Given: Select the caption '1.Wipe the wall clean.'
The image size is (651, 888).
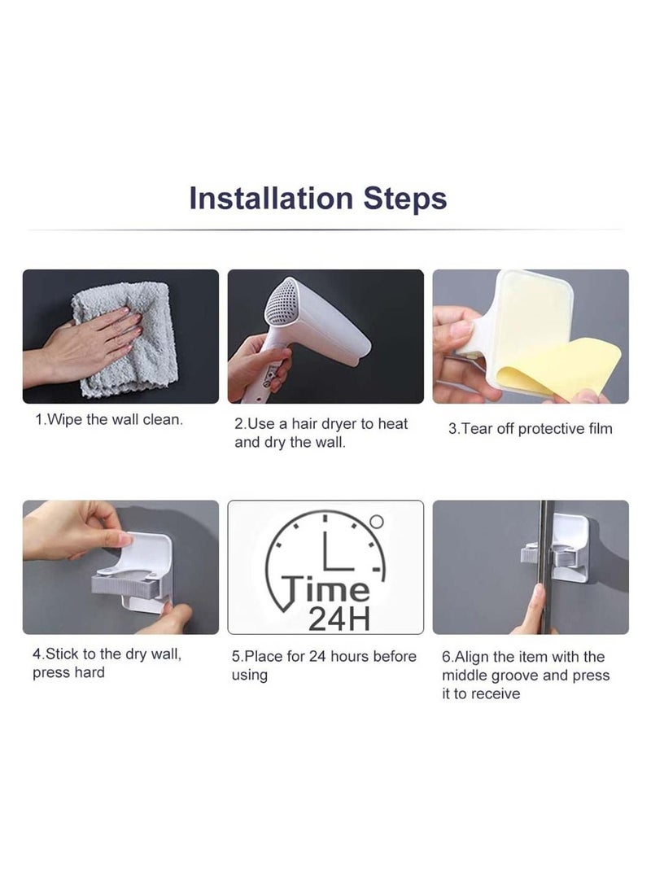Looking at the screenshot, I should (x=108, y=420).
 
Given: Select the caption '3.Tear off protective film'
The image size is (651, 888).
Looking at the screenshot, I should (x=530, y=428).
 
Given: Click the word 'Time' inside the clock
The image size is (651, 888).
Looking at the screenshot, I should (x=325, y=588).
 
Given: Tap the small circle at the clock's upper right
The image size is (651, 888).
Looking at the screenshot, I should (x=376, y=521).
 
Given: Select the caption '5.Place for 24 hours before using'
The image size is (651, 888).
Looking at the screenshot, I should (x=324, y=665).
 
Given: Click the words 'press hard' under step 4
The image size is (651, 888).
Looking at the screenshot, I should (x=68, y=673).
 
